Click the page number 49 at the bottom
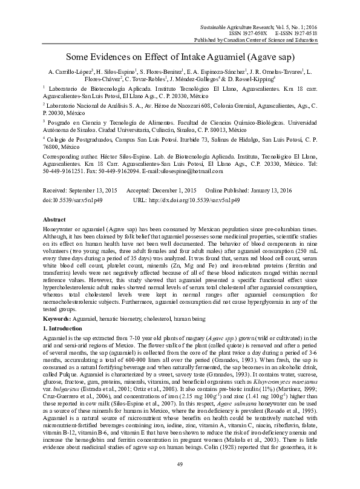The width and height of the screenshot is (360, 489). (x=180, y=464)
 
